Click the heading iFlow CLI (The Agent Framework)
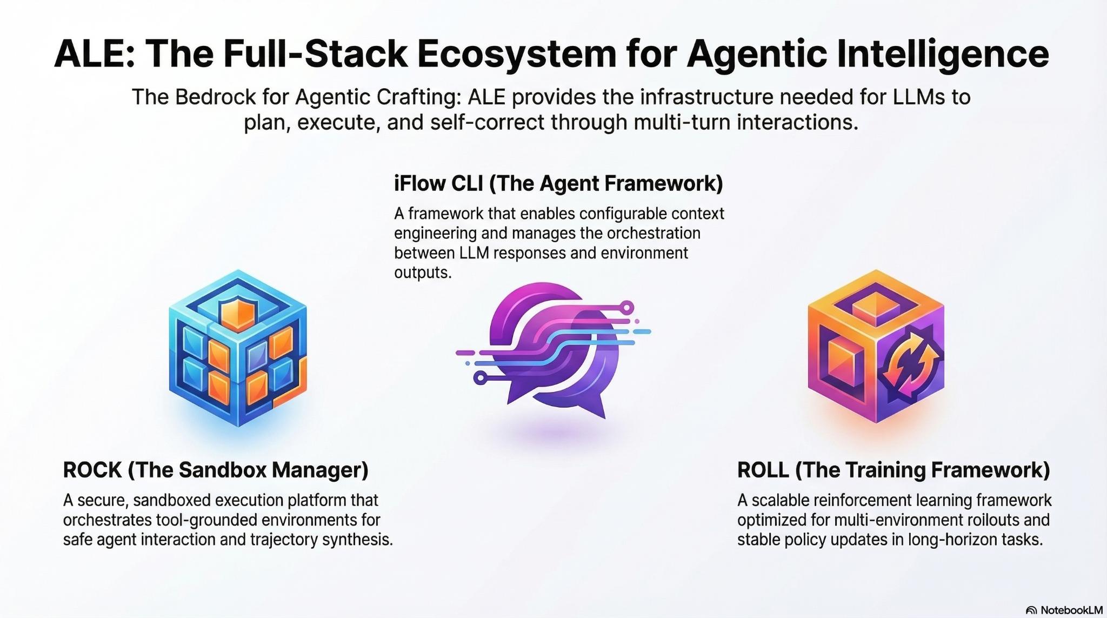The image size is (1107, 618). pyautogui.click(x=558, y=184)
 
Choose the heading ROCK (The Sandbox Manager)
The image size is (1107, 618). pyautogui.click(x=216, y=470)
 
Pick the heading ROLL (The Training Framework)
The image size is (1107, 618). pyautogui.click(x=893, y=470)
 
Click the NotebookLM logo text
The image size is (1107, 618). pyautogui.click(x=1071, y=610)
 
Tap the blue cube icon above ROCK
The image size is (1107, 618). pyautogui.click(x=238, y=349)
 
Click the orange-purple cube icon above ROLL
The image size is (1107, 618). pyautogui.click(x=876, y=346)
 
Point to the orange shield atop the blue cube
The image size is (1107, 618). pyautogui.click(x=238, y=313)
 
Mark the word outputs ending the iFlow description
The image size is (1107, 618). pyautogui.click(x=422, y=273)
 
